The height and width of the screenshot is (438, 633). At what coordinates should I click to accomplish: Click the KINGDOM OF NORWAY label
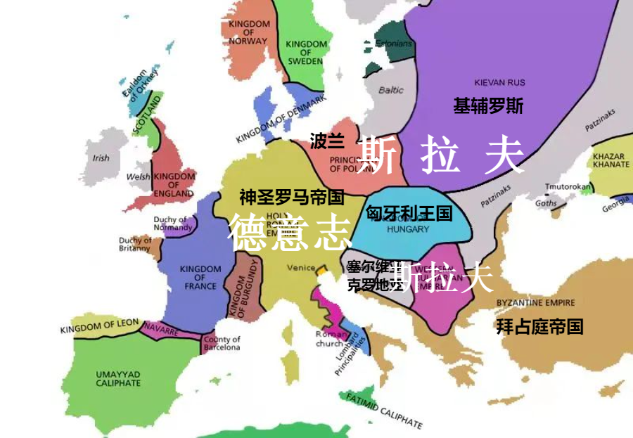click(x=248, y=32)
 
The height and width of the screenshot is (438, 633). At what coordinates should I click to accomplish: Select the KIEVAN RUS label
click(x=499, y=82)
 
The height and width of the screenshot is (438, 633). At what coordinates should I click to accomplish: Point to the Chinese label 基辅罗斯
click(x=488, y=106)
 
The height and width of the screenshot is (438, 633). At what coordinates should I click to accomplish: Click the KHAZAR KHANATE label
click(x=611, y=160)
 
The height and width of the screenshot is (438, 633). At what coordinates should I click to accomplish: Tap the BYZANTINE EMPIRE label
click(x=535, y=303)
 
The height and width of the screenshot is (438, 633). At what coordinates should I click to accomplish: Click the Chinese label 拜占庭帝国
click(x=539, y=326)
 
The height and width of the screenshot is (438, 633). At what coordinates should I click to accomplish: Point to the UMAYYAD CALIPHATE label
click(x=118, y=378)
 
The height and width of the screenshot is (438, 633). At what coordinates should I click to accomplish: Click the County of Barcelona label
click(x=222, y=343)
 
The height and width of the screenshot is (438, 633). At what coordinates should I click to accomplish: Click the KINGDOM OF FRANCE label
click(x=200, y=278)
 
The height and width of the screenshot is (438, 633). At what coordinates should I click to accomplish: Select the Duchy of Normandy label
click(x=173, y=224)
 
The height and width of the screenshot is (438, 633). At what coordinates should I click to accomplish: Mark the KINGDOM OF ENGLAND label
click(x=174, y=184)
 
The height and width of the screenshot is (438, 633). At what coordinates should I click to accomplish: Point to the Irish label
click(x=101, y=158)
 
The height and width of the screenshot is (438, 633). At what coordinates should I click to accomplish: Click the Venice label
click(x=301, y=268)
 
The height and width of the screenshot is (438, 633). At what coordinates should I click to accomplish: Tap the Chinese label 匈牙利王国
click(x=409, y=213)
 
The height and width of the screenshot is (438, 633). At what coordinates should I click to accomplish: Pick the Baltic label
click(x=391, y=90)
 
